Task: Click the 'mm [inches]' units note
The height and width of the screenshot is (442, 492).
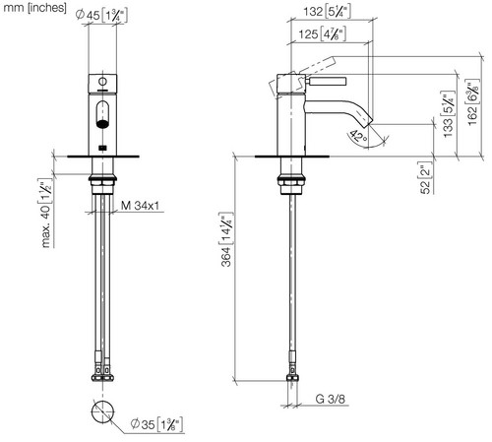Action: click(34, 7)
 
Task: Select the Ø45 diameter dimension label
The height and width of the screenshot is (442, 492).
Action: click(101, 15)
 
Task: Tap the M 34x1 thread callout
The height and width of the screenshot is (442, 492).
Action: click(140, 206)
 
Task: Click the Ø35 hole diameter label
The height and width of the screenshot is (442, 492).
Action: click(156, 424)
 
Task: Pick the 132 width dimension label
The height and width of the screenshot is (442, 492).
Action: click(327, 12)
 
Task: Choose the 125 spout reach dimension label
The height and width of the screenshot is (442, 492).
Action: click(322, 33)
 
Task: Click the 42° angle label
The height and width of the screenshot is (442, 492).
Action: click(358, 137)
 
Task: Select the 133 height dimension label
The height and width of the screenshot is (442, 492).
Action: click(448, 114)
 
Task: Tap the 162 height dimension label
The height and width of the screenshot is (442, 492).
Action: click(472, 102)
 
